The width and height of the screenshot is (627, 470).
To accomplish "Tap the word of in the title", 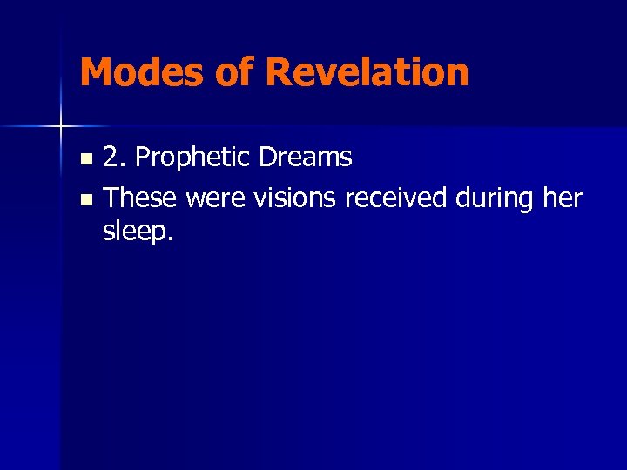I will pos(234,72).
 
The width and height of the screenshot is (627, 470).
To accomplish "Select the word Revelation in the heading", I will pos(367,72).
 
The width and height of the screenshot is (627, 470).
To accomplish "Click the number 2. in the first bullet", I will pos(116,158).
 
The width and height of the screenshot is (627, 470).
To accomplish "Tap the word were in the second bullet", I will pos(216,198).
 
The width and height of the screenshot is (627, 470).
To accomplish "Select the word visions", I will pos(295,198).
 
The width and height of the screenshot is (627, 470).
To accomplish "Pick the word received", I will pos(397,198).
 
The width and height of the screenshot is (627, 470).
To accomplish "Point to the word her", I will pos(562,198).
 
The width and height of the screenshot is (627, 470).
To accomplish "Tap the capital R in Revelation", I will pos(280,72).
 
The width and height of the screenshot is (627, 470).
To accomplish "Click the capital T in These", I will pos(111,198).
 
